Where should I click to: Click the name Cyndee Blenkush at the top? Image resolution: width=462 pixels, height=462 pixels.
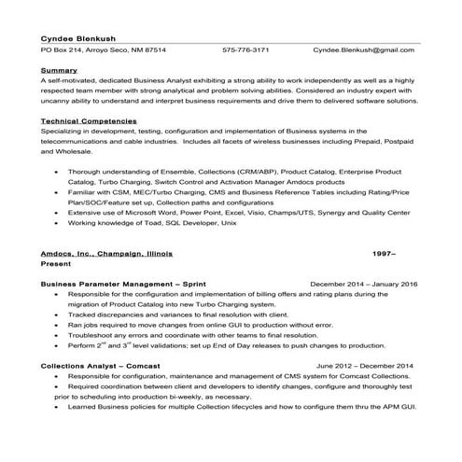pos(77,36)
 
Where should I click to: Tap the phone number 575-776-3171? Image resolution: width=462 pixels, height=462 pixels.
pos(245,49)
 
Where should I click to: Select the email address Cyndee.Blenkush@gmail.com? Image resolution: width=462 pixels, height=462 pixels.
pos(363,49)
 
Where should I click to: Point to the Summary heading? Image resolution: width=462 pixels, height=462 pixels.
pos(58,71)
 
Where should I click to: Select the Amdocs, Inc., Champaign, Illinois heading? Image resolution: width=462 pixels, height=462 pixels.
pos(107,253)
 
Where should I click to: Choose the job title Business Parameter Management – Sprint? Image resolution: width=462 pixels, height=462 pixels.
pos(123,283)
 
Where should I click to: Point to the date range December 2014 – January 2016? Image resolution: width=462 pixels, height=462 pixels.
pos(363,283)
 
